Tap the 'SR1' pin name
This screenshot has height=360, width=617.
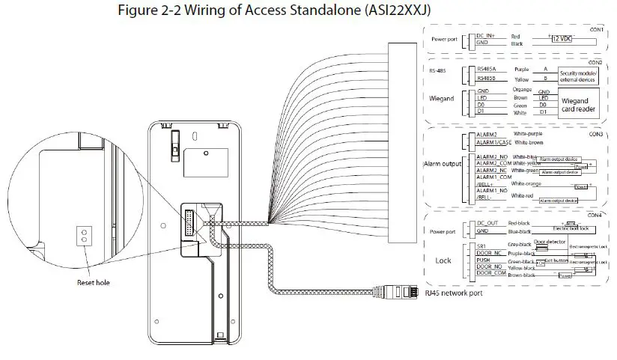[x=482, y=245]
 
